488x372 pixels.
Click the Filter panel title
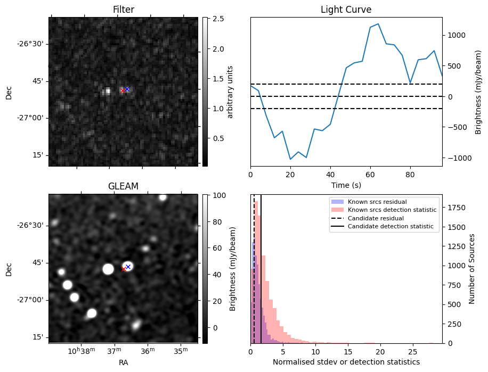coord(123,10)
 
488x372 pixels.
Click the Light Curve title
coord(346,10)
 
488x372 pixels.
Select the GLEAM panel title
coord(123,186)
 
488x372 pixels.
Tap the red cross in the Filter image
coord(123,90)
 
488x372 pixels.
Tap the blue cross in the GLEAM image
coord(128,267)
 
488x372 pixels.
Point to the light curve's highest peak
coord(378,24)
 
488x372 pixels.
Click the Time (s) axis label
coord(346,185)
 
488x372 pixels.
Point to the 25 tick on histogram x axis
coord(412,352)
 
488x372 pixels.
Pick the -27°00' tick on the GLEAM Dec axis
coord(31,300)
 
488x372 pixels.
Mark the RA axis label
coord(123,362)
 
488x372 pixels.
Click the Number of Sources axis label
coord(472,269)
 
